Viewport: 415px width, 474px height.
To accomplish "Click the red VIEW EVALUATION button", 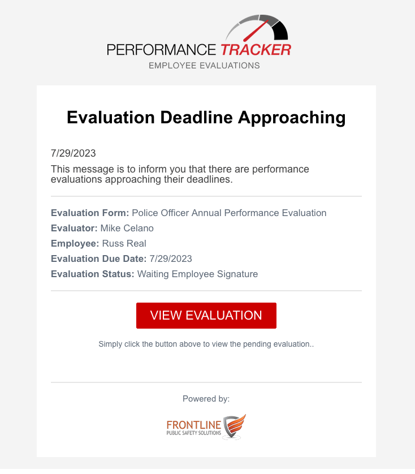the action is tap(206, 315).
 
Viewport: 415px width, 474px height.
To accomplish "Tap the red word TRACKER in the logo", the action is tap(256, 50).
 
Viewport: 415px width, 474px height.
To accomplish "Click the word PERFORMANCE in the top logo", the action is tap(161, 50).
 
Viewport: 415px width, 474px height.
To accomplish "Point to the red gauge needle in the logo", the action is tap(256, 31).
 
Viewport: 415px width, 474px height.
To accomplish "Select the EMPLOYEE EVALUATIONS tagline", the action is tap(204, 66).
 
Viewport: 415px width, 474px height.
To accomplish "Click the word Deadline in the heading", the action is tap(196, 117).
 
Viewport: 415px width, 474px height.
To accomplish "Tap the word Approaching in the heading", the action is tap(292, 118).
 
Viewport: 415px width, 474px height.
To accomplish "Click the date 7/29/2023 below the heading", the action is tap(73, 153).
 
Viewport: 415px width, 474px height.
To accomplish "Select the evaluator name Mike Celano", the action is tap(127, 229).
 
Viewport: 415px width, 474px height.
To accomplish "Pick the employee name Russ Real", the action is tap(124, 243).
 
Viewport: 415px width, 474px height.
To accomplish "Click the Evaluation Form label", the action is tap(90, 213).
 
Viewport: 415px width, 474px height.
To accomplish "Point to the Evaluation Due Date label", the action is tap(98, 258).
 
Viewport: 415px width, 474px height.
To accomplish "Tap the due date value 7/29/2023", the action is tap(171, 258).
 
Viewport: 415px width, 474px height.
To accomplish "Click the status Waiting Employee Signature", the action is tap(198, 274).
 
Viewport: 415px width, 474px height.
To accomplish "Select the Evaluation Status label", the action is tap(93, 274).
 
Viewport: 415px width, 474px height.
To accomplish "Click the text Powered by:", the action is tap(206, 399).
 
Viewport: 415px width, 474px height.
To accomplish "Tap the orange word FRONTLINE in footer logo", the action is tap(194, 425).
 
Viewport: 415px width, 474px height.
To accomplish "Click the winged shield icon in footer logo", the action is tap(234, 426).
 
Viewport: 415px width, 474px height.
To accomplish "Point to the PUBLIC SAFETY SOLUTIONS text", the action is tap(194, 433).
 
